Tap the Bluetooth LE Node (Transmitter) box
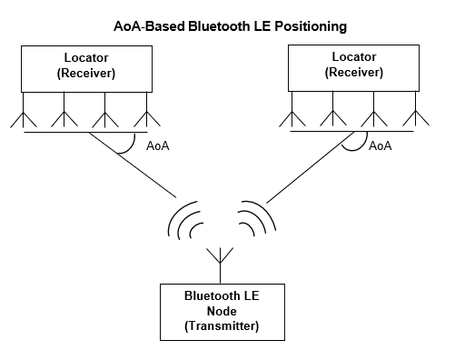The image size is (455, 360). click(220, 310)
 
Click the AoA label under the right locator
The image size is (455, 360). click(380, 145)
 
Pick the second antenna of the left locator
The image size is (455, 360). click(64, 119)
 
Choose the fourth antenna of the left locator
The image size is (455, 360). click(146, 119)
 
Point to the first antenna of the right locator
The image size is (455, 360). click(292, 119)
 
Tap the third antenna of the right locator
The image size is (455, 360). click(374, 119)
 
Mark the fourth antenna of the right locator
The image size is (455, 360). click(416, 119)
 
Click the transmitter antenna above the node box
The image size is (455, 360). click(220, 259)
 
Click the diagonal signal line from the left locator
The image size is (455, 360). click(145, 173)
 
